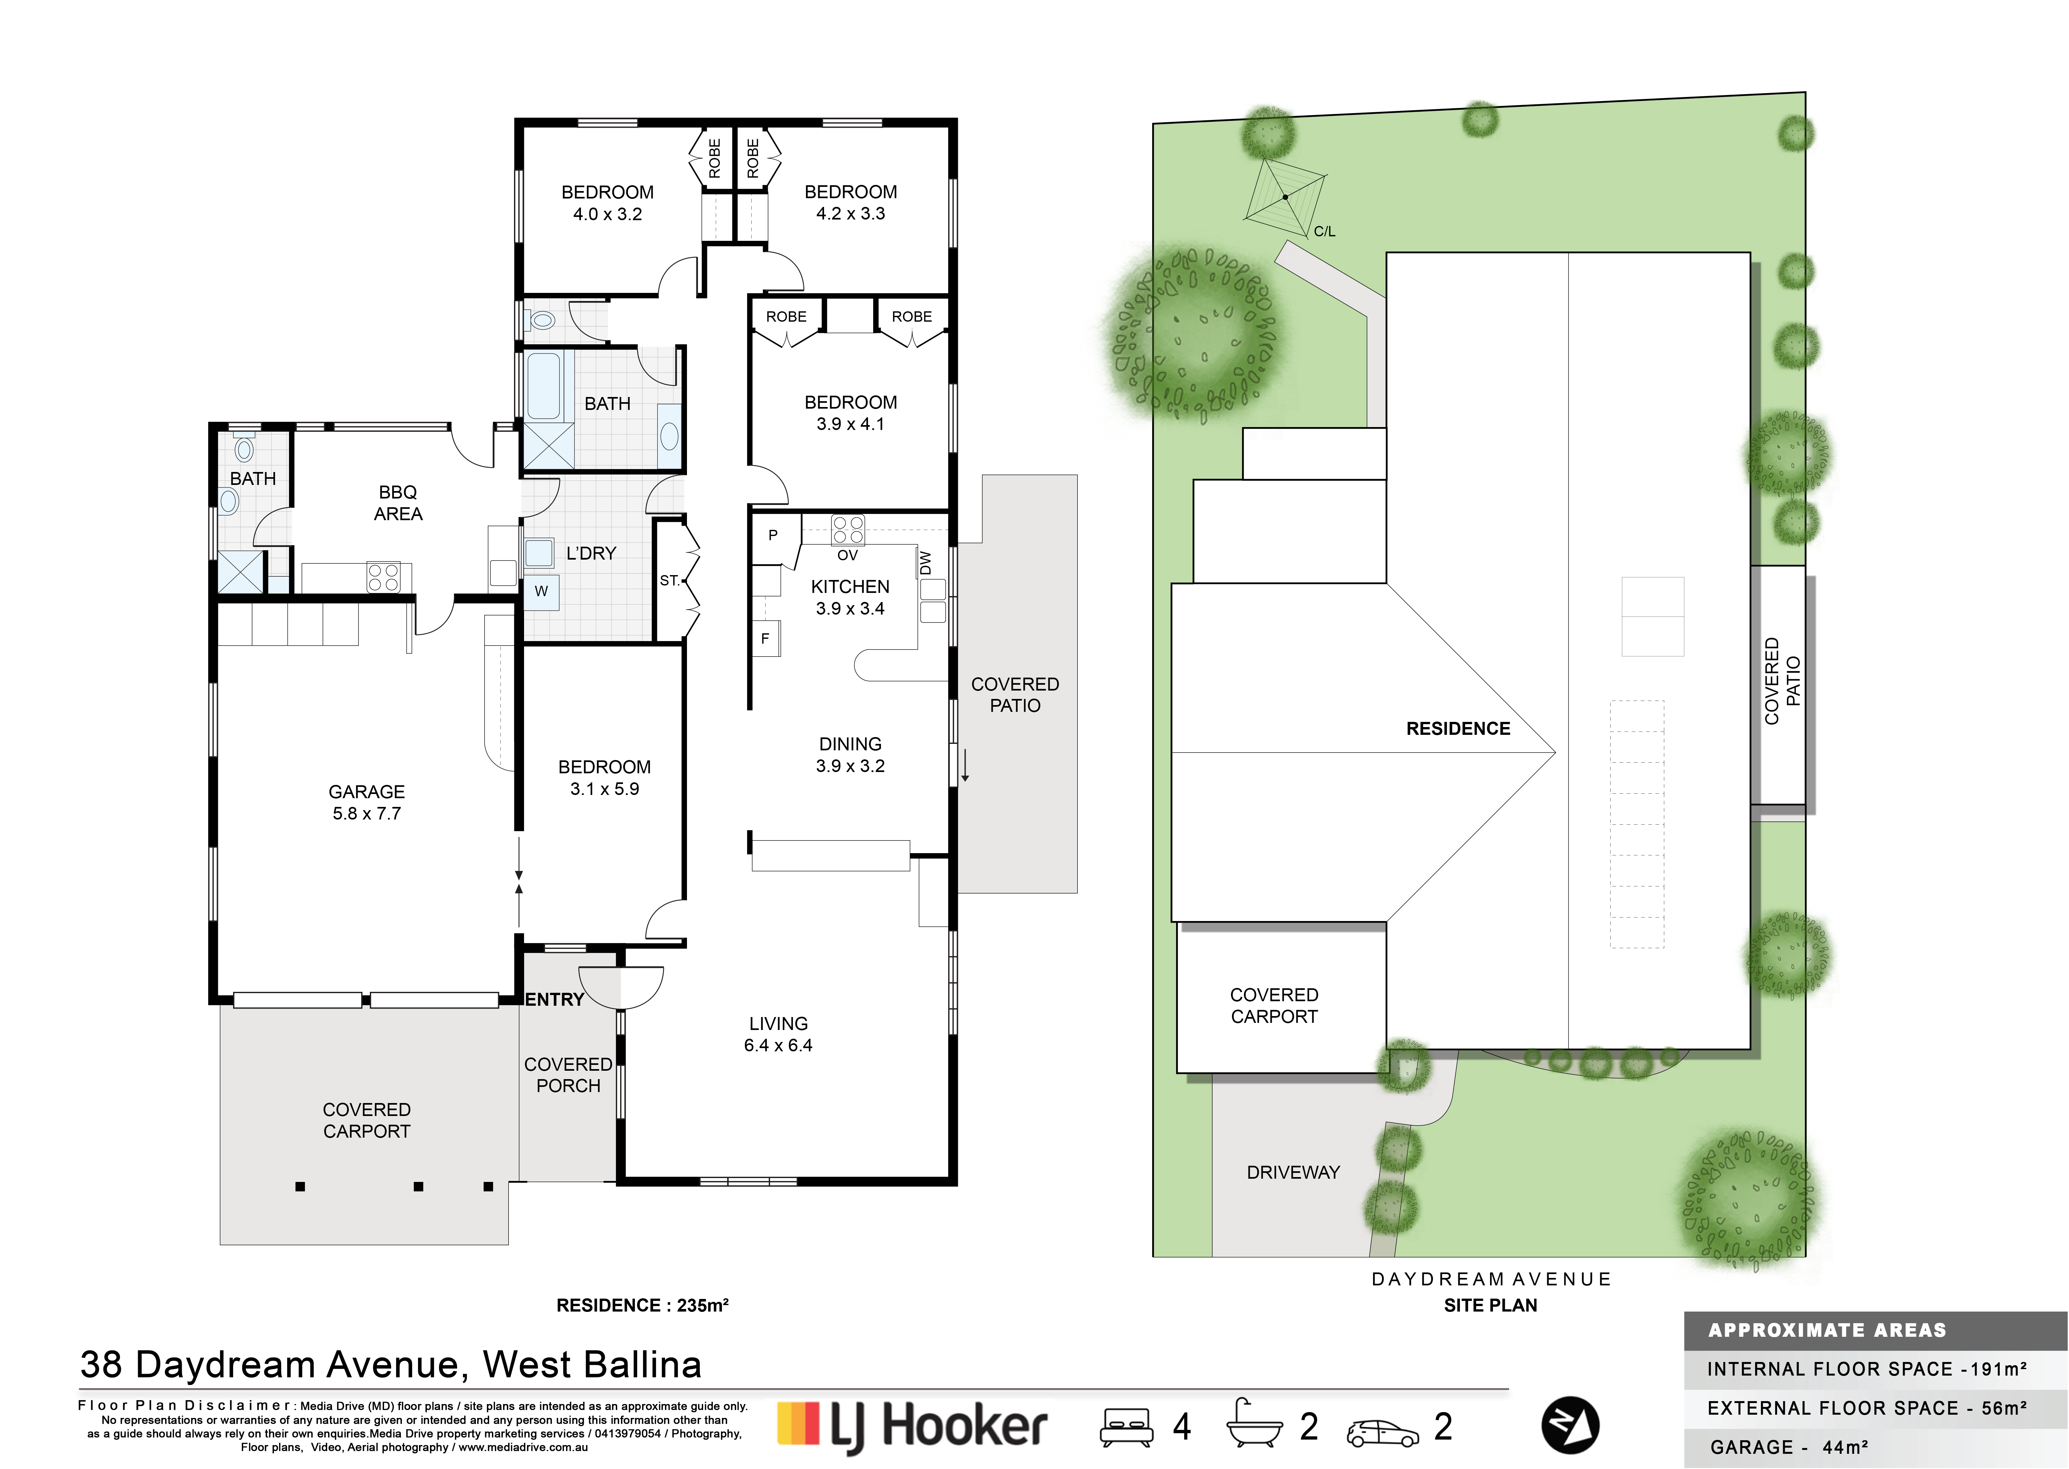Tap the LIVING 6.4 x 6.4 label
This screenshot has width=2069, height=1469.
pyautogui.click(x=778, y=1034)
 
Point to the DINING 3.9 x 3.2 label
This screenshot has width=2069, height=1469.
pyautogui.click(x=850, y=755)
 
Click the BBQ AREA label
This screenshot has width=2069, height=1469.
pyautogui.click(x=398, y=503)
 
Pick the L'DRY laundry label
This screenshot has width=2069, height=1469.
pyautogui.click(x=591, y=553)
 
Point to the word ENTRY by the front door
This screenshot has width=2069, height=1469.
pyautogui.click(x=554, y=1000)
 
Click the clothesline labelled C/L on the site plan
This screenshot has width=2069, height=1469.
pyautogui.click(x=1285, y=196)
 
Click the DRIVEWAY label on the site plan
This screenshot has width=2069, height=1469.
pyautogui.click(x=1293, y=1172)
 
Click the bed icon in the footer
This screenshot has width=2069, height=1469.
pyautogui.click(x=1126, y=1427)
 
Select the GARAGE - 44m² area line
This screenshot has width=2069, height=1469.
pyautogui.click(x=1789, y=1447)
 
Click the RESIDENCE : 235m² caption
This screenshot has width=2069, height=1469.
pyautogui.click(x=642, y=1305)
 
